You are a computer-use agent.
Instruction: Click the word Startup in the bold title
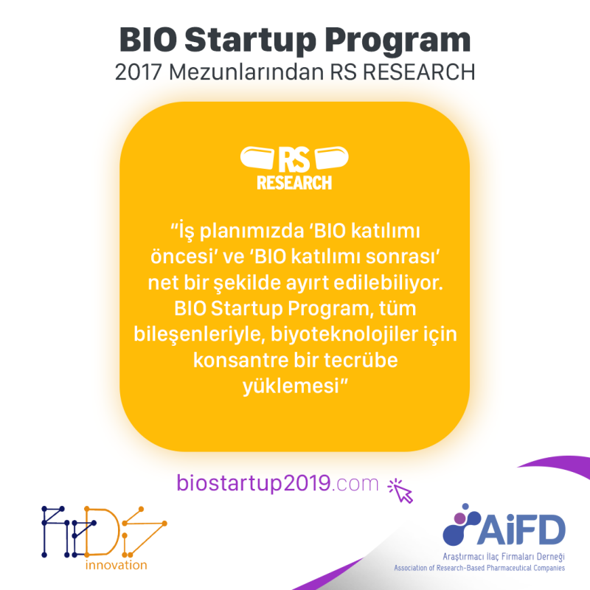[x=250, y=41]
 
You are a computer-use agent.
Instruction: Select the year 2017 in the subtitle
[x=138, y=72]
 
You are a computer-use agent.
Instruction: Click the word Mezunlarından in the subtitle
[x=246, y=72]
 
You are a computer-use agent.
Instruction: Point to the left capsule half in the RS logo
[x=257, y=158]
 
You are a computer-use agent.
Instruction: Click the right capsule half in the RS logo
[x=331, y=158]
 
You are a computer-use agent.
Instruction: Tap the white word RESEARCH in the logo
[x=294, y=183]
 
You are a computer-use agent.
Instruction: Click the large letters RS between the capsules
[x=294, y=159]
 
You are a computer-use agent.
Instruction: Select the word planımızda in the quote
[x=251, y=231]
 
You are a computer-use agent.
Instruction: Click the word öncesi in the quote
[x=181, y=257]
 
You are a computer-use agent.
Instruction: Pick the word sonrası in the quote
[x=401, y=257]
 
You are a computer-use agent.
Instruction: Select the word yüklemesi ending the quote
[x=291, y=386]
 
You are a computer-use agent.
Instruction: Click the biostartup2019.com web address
[x=277, y=483]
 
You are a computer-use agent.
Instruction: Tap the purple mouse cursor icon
[x=400, y=490]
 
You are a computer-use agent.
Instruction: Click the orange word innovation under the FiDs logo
[x=117, y=565]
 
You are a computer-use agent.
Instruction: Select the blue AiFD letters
[x=521, y=530]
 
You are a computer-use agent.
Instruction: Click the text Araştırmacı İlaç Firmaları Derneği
[x=504, y=557]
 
